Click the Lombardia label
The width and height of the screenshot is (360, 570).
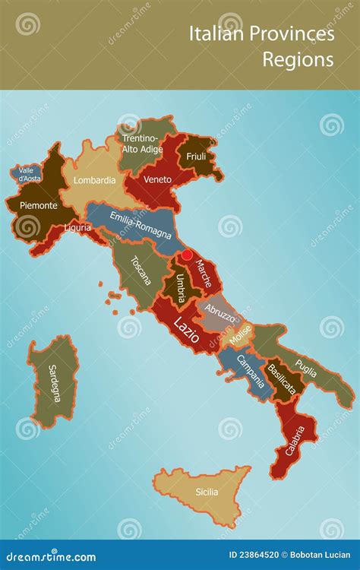click(95, 180)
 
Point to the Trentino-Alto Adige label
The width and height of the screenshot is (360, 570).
click(141, 144)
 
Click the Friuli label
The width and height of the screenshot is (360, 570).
click(196, 157)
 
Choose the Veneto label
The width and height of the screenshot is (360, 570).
click(158, 179)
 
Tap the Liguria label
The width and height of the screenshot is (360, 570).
click(77, 227)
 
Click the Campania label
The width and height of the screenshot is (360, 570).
click(250, 371)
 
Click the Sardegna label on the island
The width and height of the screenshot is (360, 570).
click(52, 382)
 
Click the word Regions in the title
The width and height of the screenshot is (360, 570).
click(298, 60)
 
